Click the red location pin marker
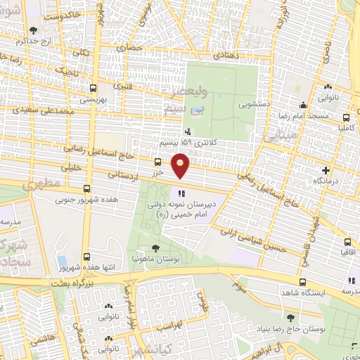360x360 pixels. tap(181, 164)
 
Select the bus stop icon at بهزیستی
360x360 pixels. tap(93, 89)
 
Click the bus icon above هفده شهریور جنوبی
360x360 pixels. tap(86, 188)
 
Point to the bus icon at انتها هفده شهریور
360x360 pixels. tap(86, 257)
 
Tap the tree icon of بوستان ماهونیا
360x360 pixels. tap(155, 247)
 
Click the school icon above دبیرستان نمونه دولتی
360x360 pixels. tap(181, 192)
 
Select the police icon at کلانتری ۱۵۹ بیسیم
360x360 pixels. tap(187, 131)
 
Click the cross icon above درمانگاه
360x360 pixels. tap(325, 171)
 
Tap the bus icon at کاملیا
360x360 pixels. tap(345, 117)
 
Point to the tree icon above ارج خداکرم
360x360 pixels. tap(34, 30)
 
